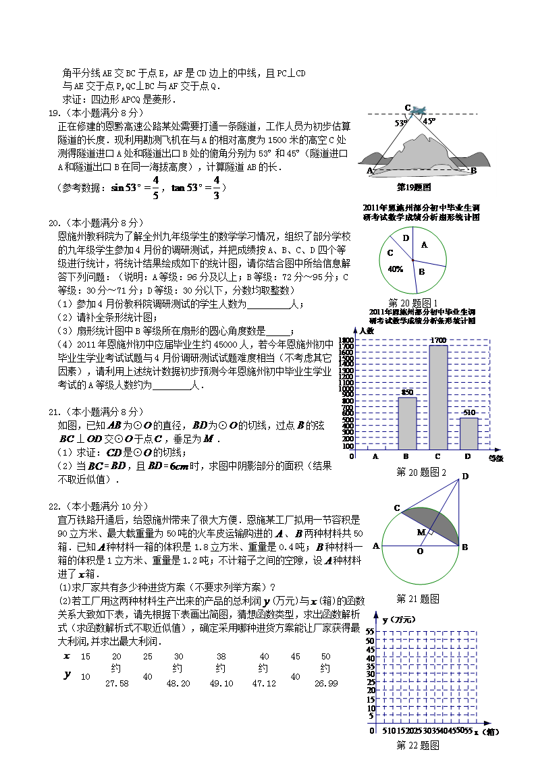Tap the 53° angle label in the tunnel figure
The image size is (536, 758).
pyautogui.click(x=401, y=124)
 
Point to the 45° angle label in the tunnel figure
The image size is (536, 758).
pyautogui.click(x=429, y=121)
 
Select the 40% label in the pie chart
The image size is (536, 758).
pyautogui.click(x=396, y=269)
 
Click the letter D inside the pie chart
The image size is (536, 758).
pyautogui.click(x=405, y=238)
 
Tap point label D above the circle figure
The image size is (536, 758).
pyautogui.click(x=465, y=477)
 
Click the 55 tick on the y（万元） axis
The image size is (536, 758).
pyautogui.click(x=370, y=632)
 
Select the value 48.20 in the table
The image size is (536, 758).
pyautogui.click(x=178, y=684)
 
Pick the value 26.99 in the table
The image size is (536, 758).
pyautogui.click(x=326, y=684)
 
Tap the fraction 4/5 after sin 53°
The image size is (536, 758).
pyautogui.click(x=155, y=188)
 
